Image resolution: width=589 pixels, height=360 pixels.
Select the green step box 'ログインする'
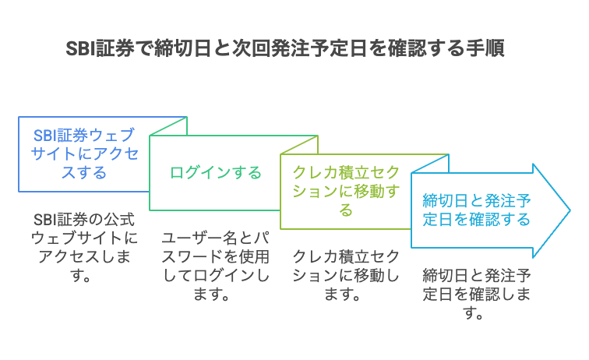tap(216, 172)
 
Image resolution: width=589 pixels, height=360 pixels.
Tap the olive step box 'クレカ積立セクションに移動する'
tap(346, 191)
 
